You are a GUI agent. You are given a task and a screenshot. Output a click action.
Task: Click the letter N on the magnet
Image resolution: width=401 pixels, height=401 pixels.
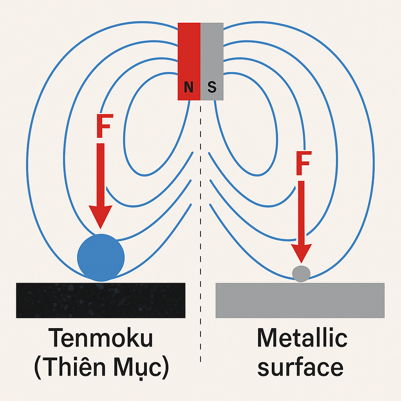point(188,87)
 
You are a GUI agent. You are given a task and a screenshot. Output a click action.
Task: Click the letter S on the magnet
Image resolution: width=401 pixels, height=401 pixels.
point(212,87)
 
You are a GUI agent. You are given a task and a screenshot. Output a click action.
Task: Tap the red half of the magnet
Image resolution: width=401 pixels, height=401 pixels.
point(189,61)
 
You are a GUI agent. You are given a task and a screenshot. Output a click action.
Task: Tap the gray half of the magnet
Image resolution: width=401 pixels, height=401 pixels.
point(212,61)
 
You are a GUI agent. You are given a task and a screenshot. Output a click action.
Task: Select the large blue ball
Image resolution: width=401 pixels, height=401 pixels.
point(101,258)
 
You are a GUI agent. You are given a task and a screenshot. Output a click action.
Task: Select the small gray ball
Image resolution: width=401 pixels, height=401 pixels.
point(301,274)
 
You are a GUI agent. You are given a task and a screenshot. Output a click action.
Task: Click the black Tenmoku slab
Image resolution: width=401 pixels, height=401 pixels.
point(101,300)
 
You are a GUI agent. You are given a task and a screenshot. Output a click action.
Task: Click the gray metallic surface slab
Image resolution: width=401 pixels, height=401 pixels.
point(300,300)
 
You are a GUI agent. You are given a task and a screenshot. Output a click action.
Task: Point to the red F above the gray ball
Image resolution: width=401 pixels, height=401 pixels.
point(303,163)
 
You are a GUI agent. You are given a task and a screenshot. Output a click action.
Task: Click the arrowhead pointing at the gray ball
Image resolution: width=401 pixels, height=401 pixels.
point(301,253)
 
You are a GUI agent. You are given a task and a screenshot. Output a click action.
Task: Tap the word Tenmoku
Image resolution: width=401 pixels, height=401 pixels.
point(101,338)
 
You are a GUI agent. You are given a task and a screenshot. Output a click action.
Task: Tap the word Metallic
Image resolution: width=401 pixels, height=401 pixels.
point(302,338)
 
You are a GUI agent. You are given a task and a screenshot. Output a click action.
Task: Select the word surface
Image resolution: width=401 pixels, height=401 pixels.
point(300,367)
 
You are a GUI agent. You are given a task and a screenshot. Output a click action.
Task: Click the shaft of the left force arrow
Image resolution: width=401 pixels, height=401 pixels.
point(101,174)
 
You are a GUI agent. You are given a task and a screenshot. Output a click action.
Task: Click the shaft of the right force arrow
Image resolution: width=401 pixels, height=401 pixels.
point(301,213)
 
